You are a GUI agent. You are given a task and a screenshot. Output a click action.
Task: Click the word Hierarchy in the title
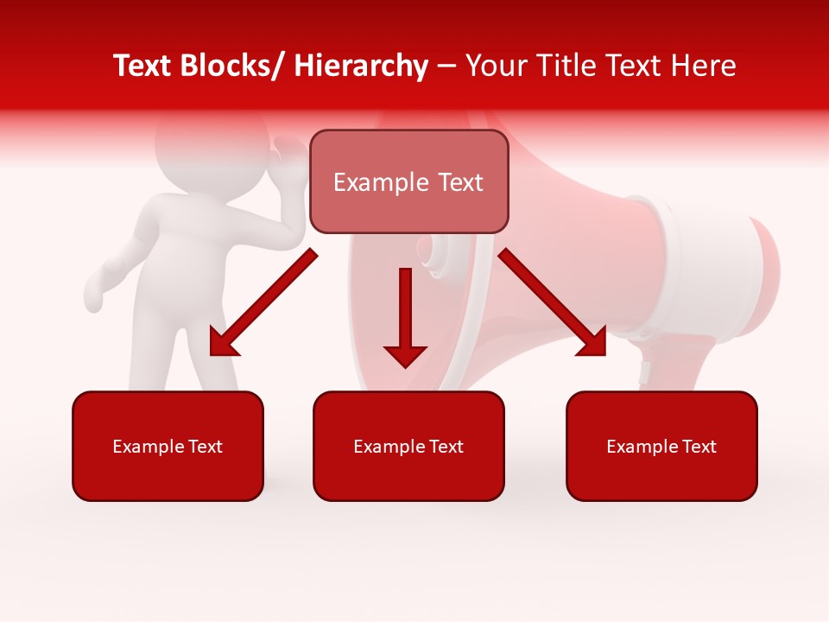click(361, 66)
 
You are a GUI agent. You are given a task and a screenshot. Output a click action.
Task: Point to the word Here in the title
click(706, 66)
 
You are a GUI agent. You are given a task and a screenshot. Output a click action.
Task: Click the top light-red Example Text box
click(408, 181)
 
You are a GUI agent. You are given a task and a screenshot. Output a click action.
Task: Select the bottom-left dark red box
click(168, 446)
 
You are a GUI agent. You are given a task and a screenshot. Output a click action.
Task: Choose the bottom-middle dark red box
click(408, 446)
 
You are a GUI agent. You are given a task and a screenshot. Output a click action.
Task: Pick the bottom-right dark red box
click(661, 446)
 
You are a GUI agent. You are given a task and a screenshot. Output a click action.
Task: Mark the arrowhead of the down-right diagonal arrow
click(594, 343)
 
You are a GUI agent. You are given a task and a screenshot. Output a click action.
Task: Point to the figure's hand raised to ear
click(285, 151)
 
